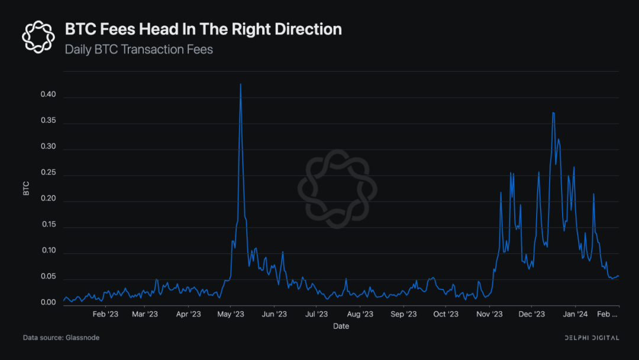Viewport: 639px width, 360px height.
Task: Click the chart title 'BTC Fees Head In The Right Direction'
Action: point(203,29)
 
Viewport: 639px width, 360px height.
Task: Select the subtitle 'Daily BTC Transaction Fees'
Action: point(138,49)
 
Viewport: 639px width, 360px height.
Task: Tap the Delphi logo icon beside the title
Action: point(38,36)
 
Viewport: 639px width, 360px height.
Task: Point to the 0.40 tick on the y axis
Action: point(47,95)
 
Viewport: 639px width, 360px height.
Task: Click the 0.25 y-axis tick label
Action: point(47,173)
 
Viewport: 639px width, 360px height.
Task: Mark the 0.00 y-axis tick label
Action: point(47,303)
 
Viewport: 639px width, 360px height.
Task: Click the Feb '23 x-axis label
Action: point(106,314)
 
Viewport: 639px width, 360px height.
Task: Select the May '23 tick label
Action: point(231,314)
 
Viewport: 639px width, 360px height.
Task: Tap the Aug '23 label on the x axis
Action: point(360,314)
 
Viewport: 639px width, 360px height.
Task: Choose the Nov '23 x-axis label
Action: point(489,314)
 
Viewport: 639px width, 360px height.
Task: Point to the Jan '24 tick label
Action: point(575,314)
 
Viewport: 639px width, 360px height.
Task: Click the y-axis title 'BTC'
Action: point(26,188)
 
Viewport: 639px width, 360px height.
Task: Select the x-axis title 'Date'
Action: point(341,326)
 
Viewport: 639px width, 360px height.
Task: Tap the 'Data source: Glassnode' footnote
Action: point(61,337)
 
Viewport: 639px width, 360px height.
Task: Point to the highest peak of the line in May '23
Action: point(240,84)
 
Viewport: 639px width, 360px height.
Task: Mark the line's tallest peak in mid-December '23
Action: point(553,112)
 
